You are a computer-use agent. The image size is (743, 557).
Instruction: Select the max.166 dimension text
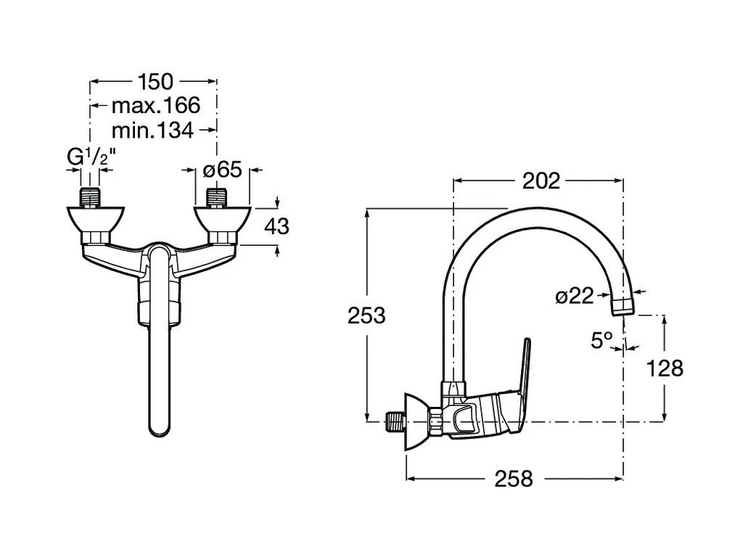155,107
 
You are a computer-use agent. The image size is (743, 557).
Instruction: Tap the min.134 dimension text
152,131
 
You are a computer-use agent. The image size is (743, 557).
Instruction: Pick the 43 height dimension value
276,226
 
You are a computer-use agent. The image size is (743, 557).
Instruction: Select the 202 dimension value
541,181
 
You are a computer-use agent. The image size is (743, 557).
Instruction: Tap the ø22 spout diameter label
574,296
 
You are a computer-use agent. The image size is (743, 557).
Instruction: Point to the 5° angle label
602,340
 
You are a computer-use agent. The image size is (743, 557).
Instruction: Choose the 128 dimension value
666,368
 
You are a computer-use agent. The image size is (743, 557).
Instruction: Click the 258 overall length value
514,479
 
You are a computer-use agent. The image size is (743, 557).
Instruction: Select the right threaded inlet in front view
217,198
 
